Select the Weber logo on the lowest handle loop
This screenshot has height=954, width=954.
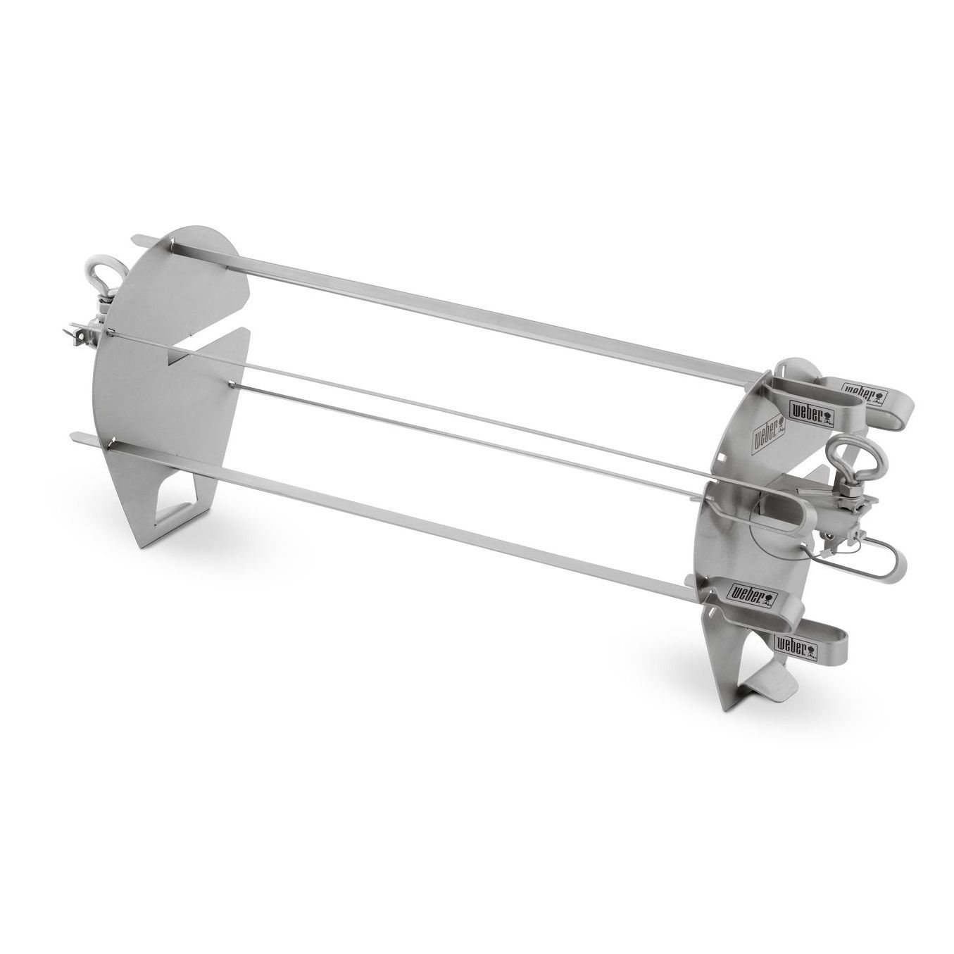point(795,644)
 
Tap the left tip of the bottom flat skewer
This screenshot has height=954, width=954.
point(73,438)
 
